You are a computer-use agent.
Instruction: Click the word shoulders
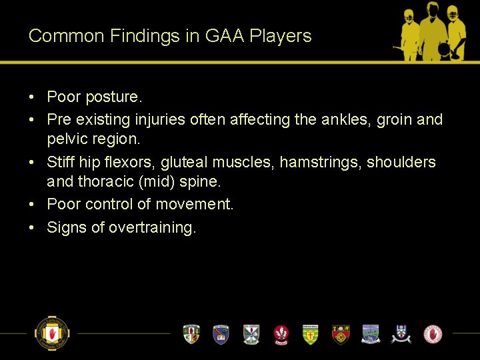(401, 162)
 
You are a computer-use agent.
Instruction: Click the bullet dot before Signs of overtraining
(32, 227)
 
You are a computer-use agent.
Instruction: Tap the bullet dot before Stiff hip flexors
(32, 162)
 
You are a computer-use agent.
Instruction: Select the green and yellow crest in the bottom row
(311, 333)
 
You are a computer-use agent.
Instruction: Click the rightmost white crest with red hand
(433, 333)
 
